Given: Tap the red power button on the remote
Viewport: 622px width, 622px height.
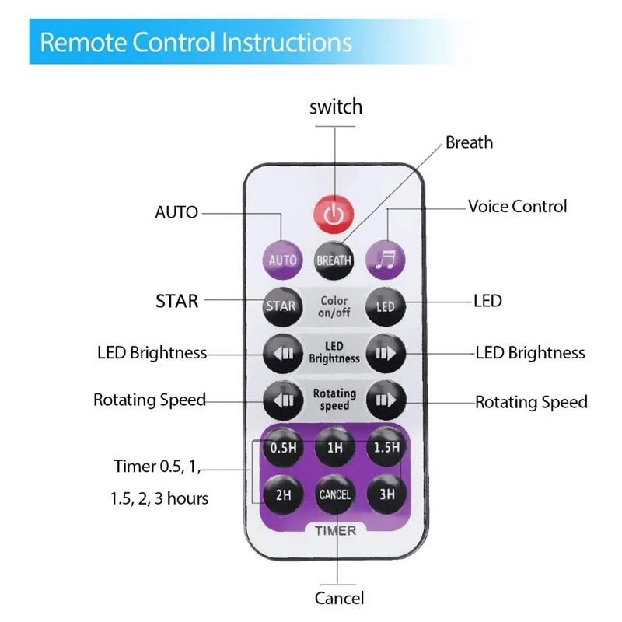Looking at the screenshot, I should tap(334, 212).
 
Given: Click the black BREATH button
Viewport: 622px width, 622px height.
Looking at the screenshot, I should tap(334, 260).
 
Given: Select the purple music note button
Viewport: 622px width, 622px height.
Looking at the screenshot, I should tap(386, 260).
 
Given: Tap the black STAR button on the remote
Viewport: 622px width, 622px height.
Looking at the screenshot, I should tap(281, 306).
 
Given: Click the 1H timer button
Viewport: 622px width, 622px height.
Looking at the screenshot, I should tap(334, 447).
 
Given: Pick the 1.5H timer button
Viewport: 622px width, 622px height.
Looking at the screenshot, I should tap(386, 447).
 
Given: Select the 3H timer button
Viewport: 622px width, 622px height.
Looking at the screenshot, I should tap(386, 494).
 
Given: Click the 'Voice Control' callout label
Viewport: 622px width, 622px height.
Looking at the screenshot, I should tap(517, 207).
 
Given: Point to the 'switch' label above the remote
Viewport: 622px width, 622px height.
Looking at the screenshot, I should tap(335, 107).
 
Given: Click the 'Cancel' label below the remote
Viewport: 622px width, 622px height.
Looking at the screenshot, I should tap(339, 598).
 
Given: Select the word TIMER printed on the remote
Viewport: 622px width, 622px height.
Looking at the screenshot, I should tap(335, 531).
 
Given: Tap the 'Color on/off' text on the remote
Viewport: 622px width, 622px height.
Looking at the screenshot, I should tap(334, 306).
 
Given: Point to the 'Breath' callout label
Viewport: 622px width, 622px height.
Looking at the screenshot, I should tap(469, 142).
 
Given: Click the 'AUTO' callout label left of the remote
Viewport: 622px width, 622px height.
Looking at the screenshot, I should tap(176, 212).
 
